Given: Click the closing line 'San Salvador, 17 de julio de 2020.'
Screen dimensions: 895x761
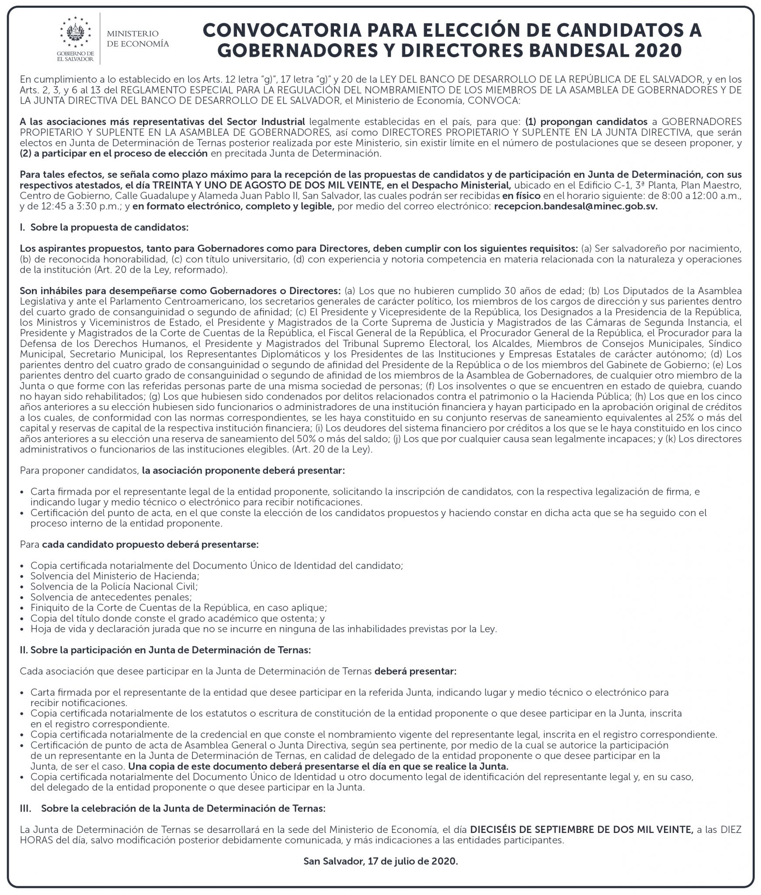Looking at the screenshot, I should point(380,861).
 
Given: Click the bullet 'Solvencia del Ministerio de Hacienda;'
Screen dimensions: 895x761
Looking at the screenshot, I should point(115,576).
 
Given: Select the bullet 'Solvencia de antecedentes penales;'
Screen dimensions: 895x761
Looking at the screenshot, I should point(111,597).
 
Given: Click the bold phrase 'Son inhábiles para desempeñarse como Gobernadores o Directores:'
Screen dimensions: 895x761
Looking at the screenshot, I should point(180,291).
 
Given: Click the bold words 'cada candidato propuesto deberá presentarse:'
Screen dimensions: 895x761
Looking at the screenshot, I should point(150,545).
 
